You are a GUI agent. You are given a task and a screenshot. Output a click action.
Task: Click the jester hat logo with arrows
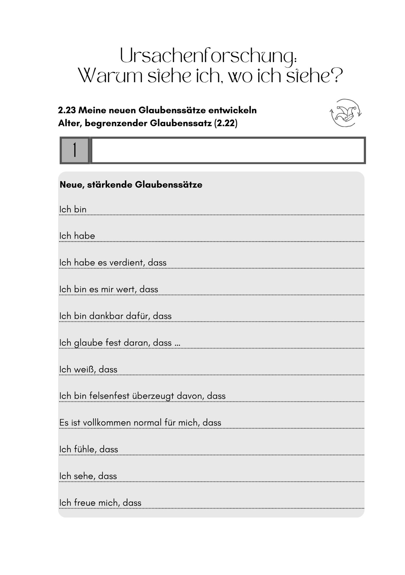345,113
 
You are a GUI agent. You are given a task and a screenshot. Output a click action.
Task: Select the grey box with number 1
75,150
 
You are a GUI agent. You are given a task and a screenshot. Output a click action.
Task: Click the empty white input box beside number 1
228,150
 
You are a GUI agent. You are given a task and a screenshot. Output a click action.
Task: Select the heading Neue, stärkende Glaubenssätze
131,185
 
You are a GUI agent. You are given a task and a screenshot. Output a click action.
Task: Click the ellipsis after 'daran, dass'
177,343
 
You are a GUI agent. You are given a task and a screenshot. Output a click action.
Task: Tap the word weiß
85,369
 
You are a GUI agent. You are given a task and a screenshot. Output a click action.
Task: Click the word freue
85,503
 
